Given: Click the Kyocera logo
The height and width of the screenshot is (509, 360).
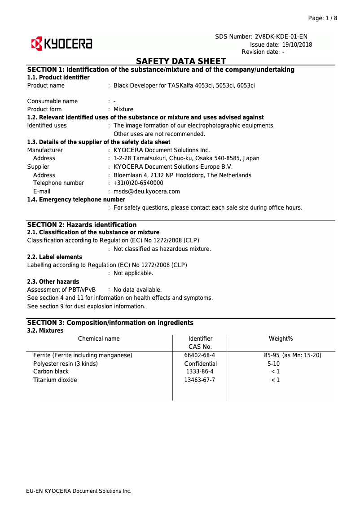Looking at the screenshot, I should click(61, 44).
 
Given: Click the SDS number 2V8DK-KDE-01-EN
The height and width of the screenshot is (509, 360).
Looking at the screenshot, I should click(281, 36).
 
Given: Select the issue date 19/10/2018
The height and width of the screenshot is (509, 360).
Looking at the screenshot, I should click(297, 44).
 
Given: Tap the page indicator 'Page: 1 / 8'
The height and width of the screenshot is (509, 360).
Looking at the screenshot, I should click(322, 18).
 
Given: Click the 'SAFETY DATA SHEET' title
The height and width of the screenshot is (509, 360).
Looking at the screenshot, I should click(181, 61).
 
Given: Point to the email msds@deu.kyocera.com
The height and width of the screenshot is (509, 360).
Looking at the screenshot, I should click(147, 191).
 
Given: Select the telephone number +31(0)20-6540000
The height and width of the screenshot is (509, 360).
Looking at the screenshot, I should click(138, 183).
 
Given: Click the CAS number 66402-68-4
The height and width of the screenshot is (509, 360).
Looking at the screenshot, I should click(200, 355).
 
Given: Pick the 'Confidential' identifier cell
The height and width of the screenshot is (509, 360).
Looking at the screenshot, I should click(200, 364).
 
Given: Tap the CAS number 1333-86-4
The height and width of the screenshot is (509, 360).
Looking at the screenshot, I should click(200, 372).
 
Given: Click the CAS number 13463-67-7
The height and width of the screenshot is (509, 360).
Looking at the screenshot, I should click(200, 380).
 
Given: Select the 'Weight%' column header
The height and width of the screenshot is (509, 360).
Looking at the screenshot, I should click(281, 338).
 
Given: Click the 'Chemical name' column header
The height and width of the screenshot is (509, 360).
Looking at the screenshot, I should click(99, 338).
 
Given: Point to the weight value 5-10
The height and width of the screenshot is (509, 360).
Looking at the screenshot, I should click(273, 364).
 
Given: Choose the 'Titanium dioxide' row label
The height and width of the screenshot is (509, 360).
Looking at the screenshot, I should click(55, 380).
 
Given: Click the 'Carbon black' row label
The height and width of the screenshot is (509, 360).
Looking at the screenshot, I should click(50, 372).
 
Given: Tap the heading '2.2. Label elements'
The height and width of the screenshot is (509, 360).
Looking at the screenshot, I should click(55, 257).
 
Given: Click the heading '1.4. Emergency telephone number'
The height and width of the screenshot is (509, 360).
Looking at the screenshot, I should click(76, 199).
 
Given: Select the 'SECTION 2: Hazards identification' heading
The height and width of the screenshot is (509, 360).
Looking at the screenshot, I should click(82, 225).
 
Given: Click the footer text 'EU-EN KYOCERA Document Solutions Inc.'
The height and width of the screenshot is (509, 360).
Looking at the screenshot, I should click(79, 491).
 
